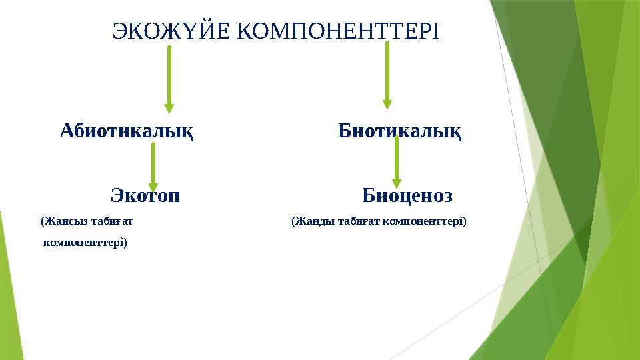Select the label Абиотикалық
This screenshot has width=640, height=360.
(x=127, y=131)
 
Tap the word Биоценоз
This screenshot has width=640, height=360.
(x=407, y=196)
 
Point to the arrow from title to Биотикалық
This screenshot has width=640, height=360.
(x=387, y=73)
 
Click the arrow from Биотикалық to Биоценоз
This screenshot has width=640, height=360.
(x=397, y=160)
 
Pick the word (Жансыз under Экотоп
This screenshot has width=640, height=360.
(x=59, y=221)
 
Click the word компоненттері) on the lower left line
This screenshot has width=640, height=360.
(x=85, y=243)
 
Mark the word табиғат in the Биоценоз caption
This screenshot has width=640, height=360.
(x=361, y=221)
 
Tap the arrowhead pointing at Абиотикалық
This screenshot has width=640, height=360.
(x=169, y=108)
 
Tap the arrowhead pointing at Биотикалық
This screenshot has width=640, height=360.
(x=387, y=103)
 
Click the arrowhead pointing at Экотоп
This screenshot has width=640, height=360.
(x=153, y=188)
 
